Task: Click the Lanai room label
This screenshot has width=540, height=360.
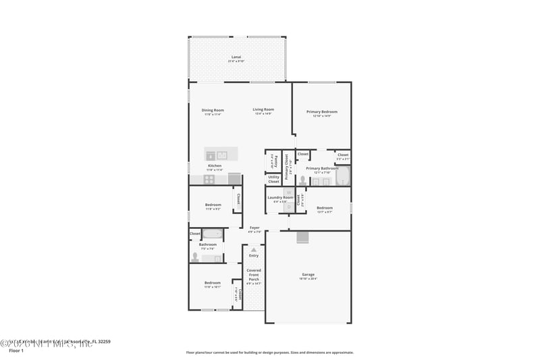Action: click(236, 57)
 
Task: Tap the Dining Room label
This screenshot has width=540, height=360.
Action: click(213, 110)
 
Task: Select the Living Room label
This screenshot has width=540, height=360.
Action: click(263, 109)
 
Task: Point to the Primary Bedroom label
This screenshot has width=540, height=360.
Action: click(321, 111)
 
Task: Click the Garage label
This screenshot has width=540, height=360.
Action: click(308, 274)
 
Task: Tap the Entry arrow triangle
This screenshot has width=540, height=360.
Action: click(254, 250)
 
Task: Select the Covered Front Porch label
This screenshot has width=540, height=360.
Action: click(253, 274)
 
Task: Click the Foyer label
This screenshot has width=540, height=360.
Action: click(254, 228)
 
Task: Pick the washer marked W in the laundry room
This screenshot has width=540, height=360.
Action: click(288, 192)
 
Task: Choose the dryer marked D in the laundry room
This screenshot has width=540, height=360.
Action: click(288, 207)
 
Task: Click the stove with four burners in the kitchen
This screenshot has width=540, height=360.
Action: click(209, 179)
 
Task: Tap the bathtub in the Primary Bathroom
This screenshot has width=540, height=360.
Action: click(343, 177)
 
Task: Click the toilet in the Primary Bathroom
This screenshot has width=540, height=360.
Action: click(302, 180)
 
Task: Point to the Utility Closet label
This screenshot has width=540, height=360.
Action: click(273, 179)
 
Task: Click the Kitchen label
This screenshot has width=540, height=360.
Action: click(214, 165)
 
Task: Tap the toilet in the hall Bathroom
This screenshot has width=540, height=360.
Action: click(196, 257)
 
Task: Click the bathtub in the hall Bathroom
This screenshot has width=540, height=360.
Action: click(213, 234)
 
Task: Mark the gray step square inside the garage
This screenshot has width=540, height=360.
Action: click(302, 236)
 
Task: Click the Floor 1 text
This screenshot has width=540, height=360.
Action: click(16, 351)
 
